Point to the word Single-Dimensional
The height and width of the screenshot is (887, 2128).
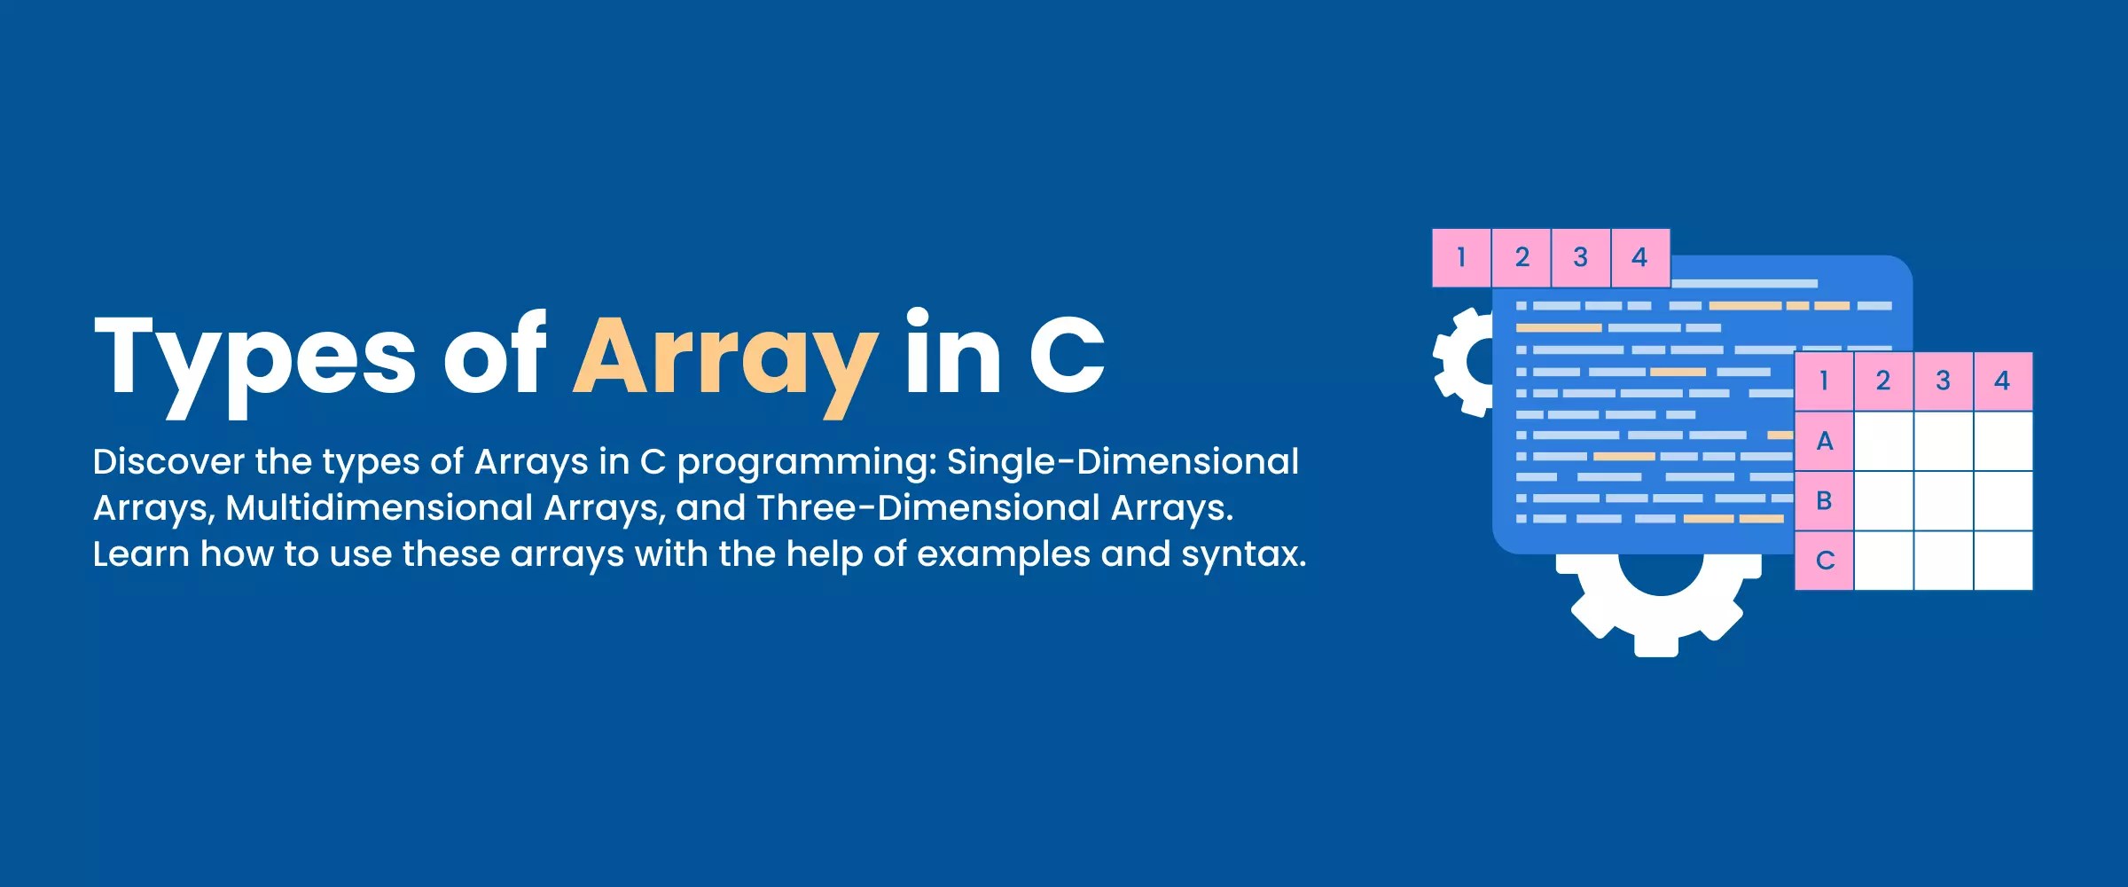(x=1123, y=462)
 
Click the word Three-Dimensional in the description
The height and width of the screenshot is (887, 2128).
(x=927, y=508)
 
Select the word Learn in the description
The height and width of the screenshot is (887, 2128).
(x=141, y=554)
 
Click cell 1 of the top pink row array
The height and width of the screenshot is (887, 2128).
(x=1461, y=258)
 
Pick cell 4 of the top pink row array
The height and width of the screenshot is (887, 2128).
(x=1639, y=258)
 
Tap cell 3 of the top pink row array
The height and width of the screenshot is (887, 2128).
(x=1580, y=258)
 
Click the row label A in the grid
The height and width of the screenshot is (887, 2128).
(x=1824, y=441)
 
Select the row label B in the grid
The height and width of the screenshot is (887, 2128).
(x=1824, y=501)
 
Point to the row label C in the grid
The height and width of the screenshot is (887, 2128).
(x=1824, y=561)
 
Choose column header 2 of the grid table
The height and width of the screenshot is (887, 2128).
(x=1883, y=381)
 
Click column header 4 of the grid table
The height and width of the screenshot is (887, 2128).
(x=2002, y=381)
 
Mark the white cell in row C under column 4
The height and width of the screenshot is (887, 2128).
(x=2002, y=561)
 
